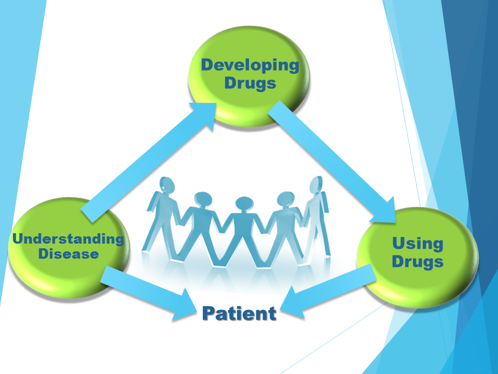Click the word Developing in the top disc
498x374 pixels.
(250, 66)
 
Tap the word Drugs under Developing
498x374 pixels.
(250, 83)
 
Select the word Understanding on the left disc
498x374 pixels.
(68, 239)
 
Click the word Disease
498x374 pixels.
(68, 254)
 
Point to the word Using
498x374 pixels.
(418, 244)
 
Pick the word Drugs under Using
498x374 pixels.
(418, 261)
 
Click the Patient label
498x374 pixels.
(240, 313)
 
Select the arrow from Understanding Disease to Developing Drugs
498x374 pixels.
(149, 162)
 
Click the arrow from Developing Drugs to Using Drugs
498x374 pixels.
(332, 162)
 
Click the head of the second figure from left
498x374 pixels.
(203, 199)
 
